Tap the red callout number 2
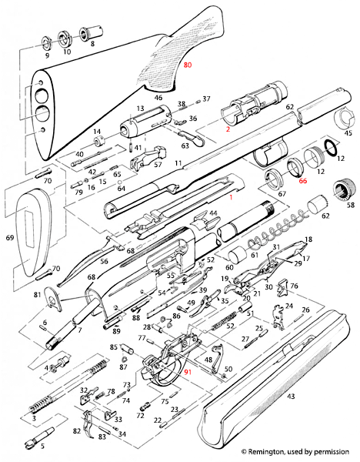228,131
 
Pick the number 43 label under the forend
290,396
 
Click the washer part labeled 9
45,39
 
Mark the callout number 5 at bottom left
42,446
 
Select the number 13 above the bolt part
141,109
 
